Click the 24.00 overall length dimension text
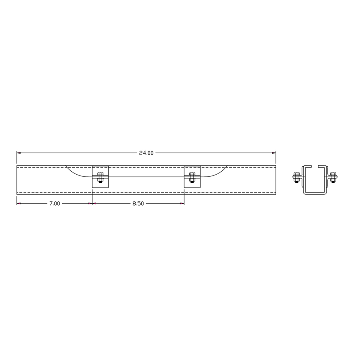point(146,153)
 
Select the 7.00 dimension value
point(55,203)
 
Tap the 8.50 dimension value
point(138,203)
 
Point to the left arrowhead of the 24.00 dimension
point(19,153)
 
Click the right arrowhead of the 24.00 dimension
point(274,153)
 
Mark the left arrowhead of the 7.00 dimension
point(19,203)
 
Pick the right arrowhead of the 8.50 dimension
point(182,203)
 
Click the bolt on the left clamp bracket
point(100,178)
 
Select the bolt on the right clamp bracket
point(192,178)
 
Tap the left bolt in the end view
point(296,177)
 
